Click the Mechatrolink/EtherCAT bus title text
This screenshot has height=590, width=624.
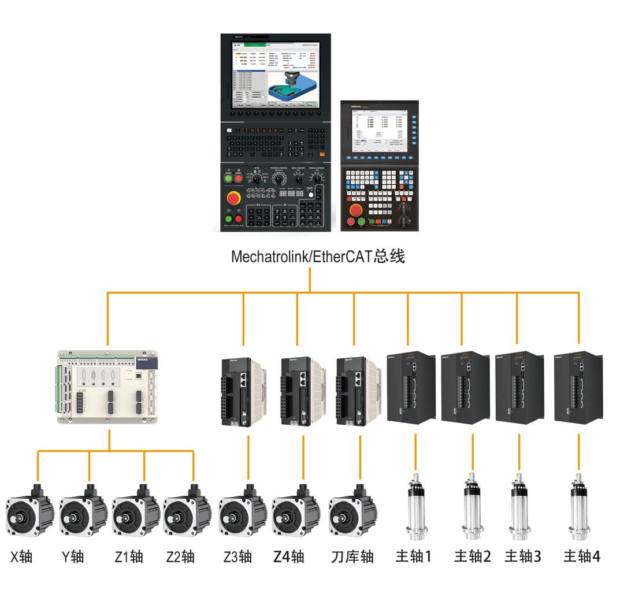point(318,257)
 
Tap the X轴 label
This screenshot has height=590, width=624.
point(21,556)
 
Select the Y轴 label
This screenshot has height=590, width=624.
point(73,556)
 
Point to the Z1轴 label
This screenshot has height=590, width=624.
point(128,556)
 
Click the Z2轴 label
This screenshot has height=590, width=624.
point(180,556)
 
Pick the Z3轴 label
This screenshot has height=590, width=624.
point(237,556)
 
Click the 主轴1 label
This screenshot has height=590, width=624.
point(414,556)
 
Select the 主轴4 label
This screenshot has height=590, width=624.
point(582,556)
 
